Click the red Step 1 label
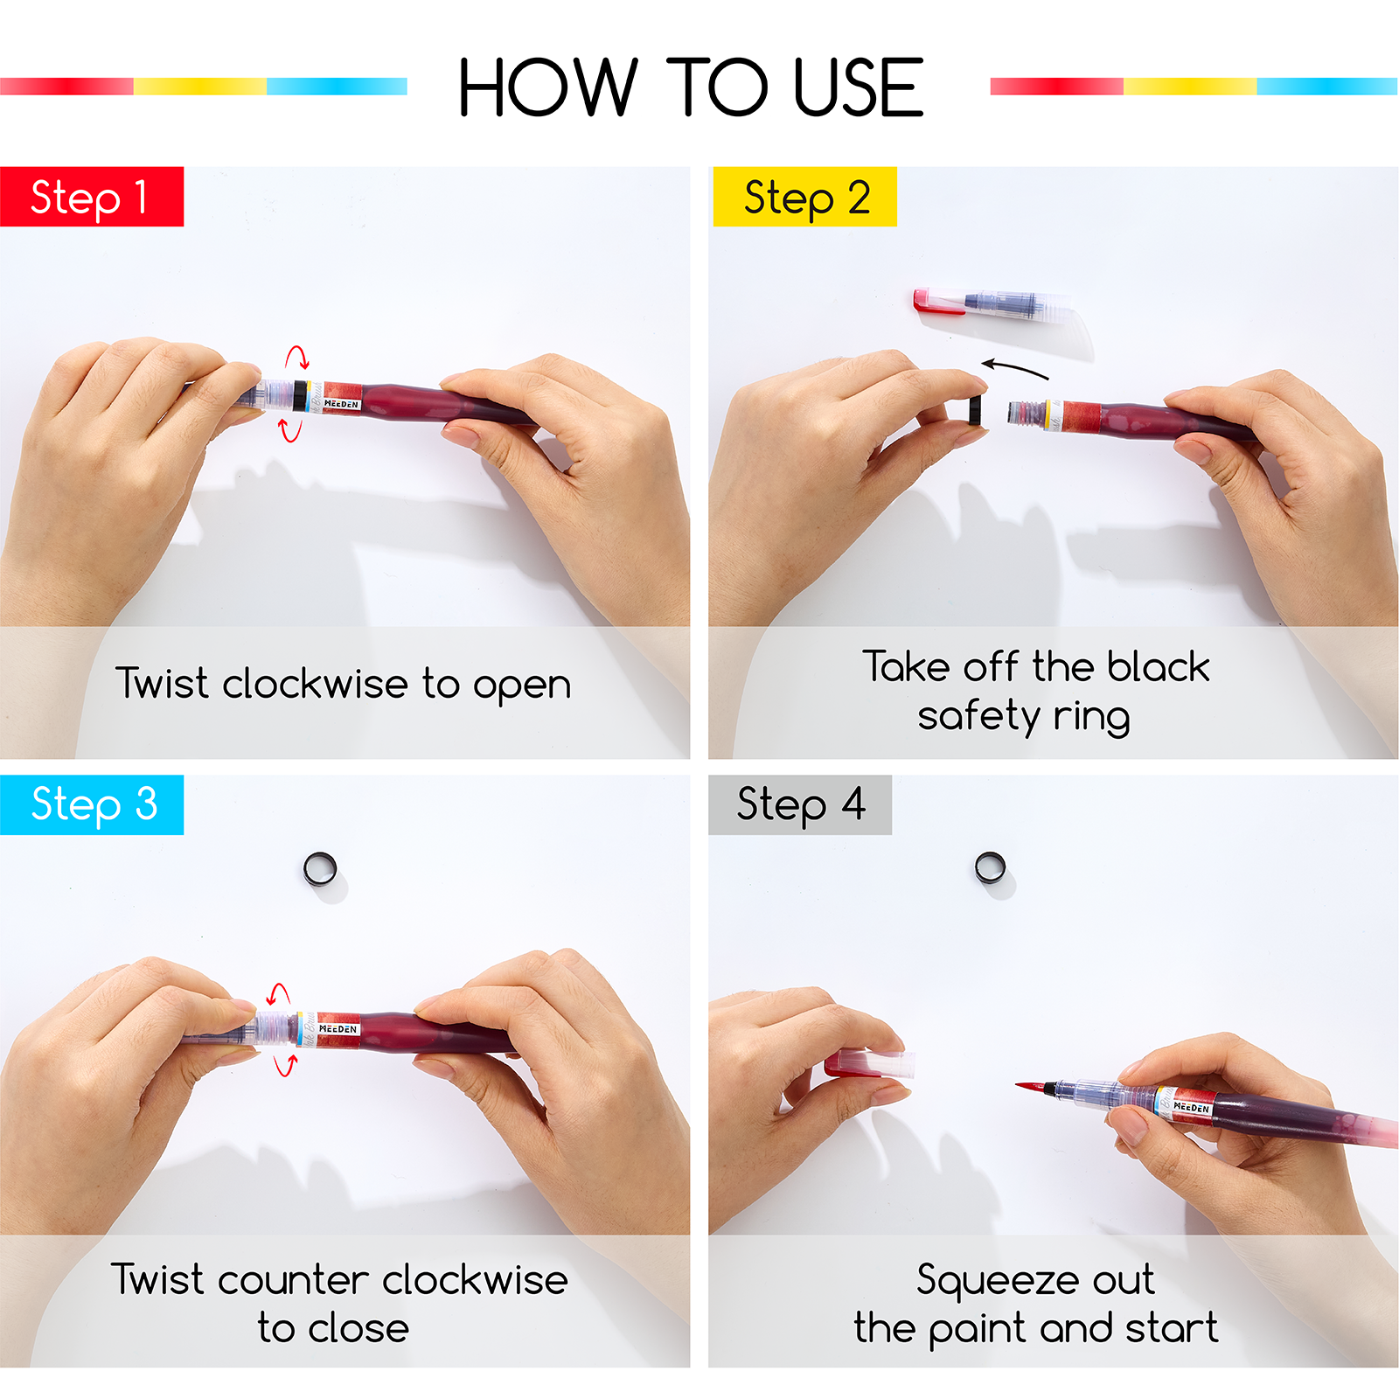tap(92, 197)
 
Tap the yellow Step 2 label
tap(804, 197)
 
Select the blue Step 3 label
tap(92, 804)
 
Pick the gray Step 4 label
tap(800, 804)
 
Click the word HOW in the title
tap(548, 87)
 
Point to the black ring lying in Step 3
tap(320, 869)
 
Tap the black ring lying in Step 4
tap(990, 868)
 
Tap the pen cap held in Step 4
tap(869, 1064)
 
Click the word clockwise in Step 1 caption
tap(316, 684)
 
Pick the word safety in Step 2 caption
tap(978, 717)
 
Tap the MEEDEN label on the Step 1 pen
tap(341, 404)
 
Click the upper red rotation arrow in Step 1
tap(297, 357)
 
